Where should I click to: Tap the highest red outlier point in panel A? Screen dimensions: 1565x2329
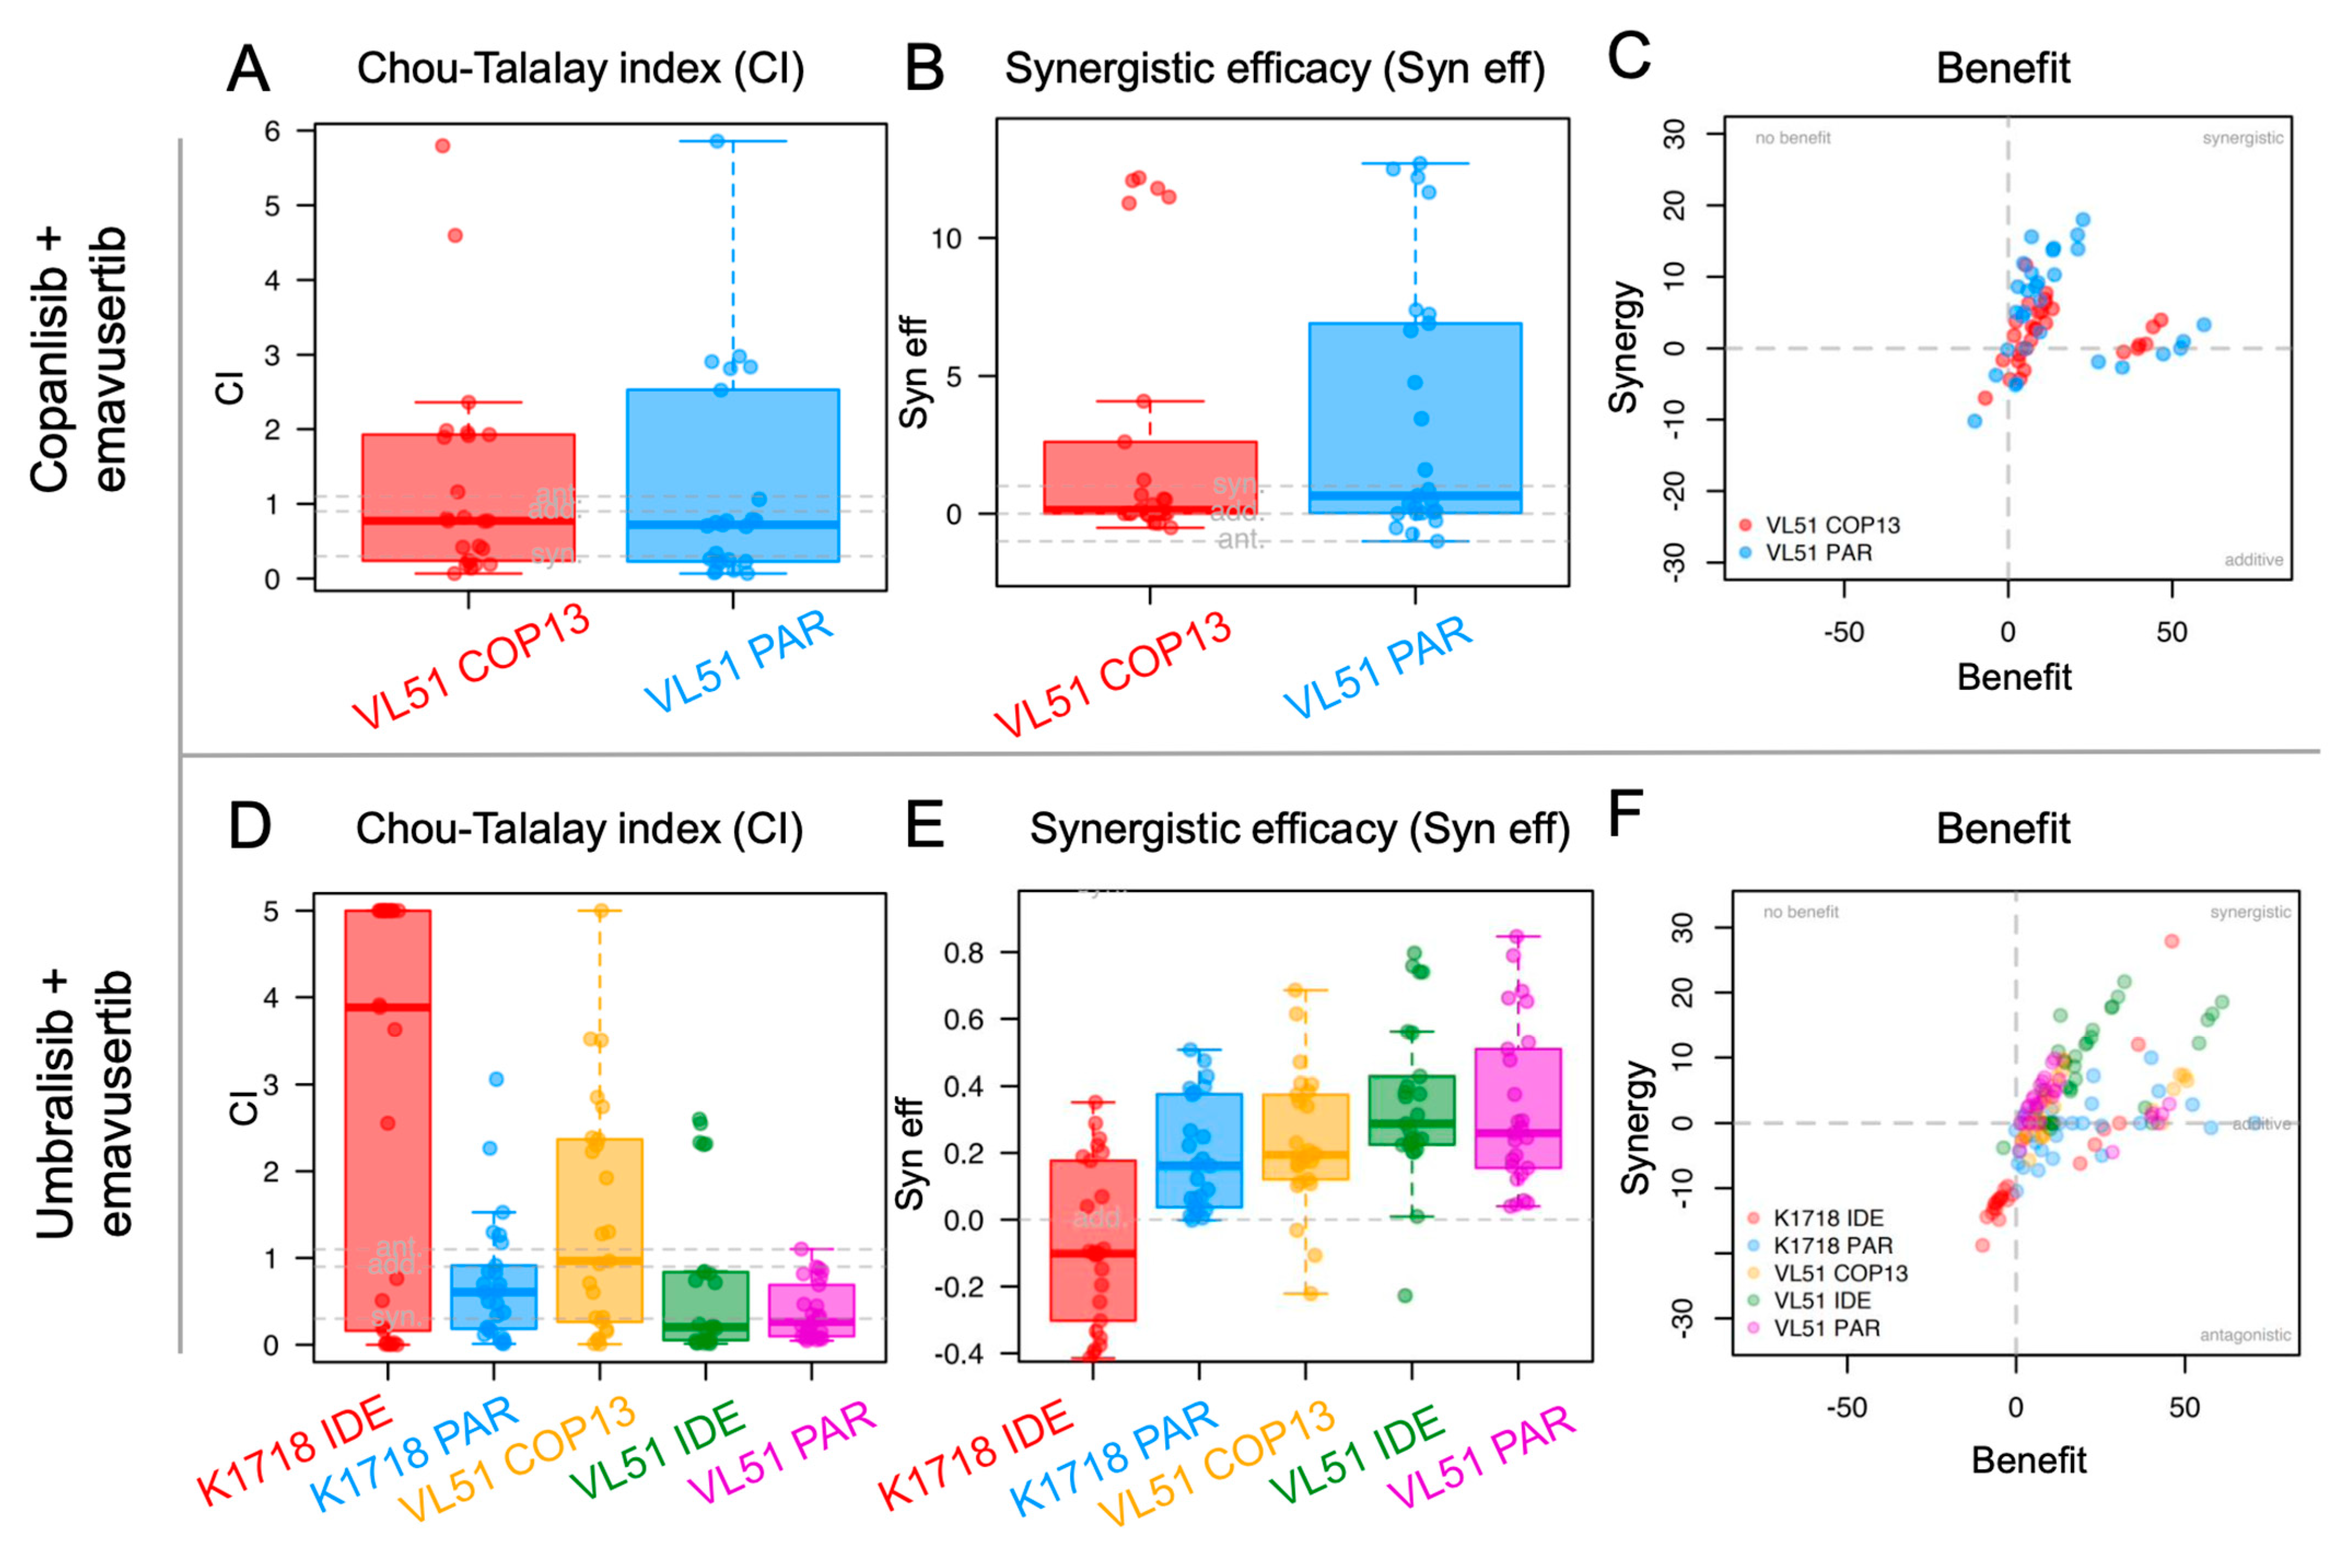coord(442,146)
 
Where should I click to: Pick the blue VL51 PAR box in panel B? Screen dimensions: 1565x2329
coord(1415,419)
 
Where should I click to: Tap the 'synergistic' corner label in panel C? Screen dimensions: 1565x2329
coord(2242,138)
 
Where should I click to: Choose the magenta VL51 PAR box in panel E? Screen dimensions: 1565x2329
coord(1517,1108)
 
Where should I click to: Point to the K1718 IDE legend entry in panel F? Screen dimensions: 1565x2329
coord(1827,1218)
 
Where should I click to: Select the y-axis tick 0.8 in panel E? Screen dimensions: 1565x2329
coord(964,953)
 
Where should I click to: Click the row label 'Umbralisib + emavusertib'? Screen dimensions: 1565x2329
coord(85,1103)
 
